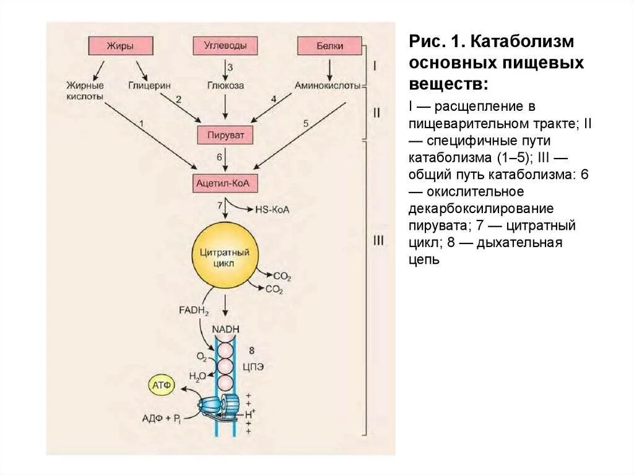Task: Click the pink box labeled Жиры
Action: coord(120,46)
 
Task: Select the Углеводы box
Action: coord(225,46)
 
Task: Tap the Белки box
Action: coord(329,46)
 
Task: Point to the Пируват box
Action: coord(225,134)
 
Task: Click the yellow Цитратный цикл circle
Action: coord(225,256)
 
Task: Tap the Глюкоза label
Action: coord(225,85)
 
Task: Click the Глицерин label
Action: coord(150,85)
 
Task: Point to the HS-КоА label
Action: coord(272,209)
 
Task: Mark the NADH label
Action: coord(225,329)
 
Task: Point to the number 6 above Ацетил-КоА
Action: coord(219,157)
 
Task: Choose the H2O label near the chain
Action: coord(198,376)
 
